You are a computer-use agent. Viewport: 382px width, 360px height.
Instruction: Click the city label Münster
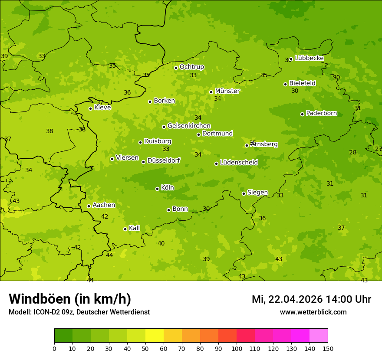tap(227, 91)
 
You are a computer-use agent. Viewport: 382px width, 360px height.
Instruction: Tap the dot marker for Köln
tap(157, 189)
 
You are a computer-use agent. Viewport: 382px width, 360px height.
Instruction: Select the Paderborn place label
tap(321, 113)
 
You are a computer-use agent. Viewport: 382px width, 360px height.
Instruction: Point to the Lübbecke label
tap(309, 58)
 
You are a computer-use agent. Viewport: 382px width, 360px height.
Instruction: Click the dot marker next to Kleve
tap(90, 108)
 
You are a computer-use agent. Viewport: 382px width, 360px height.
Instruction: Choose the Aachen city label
tap(104, 205)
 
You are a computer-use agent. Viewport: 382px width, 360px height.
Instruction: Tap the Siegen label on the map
tap(257, 193)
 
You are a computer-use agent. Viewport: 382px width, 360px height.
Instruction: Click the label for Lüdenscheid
tap(239, 163)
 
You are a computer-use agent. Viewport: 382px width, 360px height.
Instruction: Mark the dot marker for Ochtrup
tap(176, 68)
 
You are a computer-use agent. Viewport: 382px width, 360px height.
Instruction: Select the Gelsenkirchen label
tap(189, 126)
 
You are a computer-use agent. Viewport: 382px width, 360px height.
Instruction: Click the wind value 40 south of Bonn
tap(161, 244)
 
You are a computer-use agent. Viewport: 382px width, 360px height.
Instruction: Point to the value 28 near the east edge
tap(352, 152)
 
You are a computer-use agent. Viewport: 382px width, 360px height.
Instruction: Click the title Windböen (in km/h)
tap(70, 299)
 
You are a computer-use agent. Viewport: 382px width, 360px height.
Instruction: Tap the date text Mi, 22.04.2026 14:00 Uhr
tap(311, 299)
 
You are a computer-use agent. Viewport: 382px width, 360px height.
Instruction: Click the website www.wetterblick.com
tap(313, 312)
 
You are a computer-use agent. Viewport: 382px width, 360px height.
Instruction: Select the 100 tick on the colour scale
tap(237, 348)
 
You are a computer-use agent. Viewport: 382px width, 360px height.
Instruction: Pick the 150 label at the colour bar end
tap(328, 348)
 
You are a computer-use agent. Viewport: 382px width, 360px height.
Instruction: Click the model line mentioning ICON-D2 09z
tap(79, 312)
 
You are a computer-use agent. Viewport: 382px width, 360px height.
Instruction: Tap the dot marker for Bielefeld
tap(285, 84)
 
